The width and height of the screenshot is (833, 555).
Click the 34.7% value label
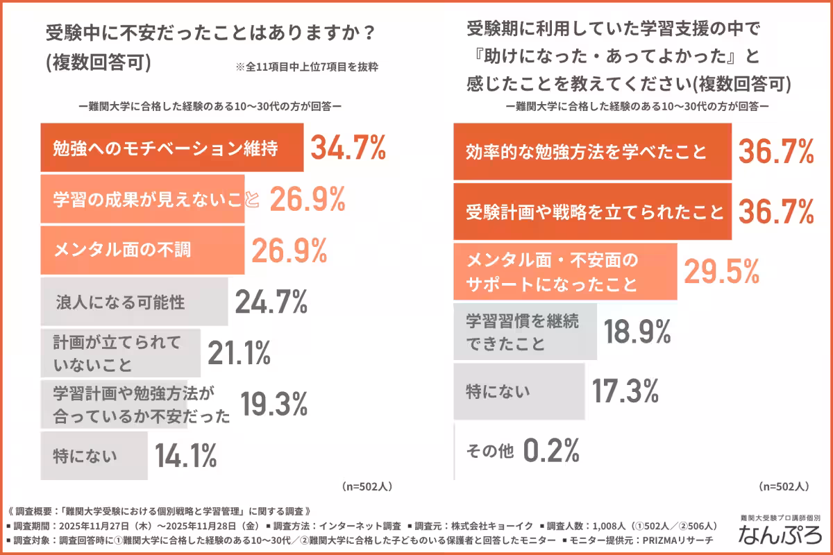[347, 148]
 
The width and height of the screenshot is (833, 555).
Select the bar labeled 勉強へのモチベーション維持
[171, 148]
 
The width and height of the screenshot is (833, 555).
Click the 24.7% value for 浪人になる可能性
[271, 302]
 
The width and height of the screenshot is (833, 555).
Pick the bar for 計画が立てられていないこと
[120, 354]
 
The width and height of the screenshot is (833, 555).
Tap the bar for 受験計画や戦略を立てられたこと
[591, 211]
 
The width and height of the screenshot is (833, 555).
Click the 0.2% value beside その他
[550, 452]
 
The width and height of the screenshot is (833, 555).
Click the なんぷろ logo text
[782, 535]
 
